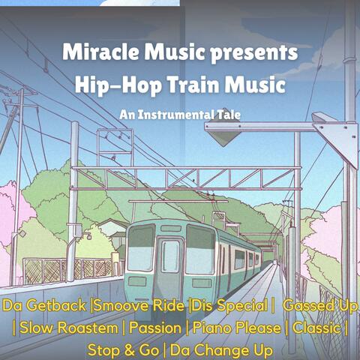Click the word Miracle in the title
(98, 53)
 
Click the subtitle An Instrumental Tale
(179, 116)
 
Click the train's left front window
(141, 248)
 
